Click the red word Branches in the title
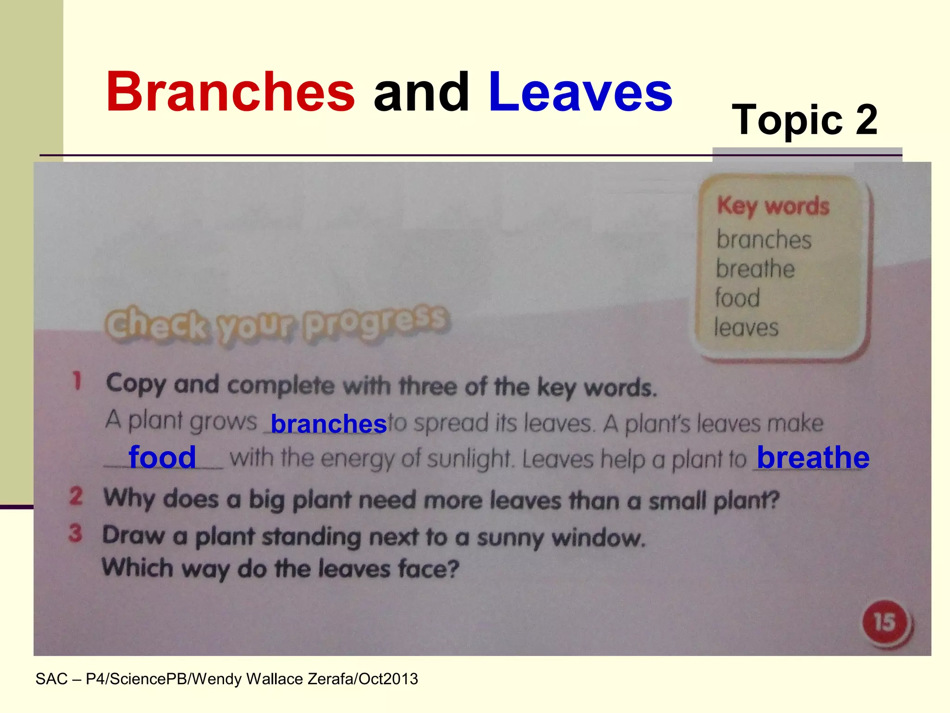click(x=230, y=92)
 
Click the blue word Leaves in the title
click(x=580, y=92)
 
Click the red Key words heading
click(x=773, y=206)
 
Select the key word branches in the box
click(x=764, y=240)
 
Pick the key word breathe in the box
click(x=755, y=269)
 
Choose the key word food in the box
click(x=738, y=298)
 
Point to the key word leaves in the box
click(x=746, y=328)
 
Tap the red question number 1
click(x=77, y=382)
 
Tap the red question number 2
click(x=76, y=496)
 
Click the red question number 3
click(x=76, y=533)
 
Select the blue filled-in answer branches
click(x=328, y=424)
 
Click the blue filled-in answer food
click(x=162, y=457)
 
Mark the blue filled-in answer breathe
click(x=813, y=458)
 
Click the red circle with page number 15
click(x=885, y=622)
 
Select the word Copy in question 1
click(x=135, y=384)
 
